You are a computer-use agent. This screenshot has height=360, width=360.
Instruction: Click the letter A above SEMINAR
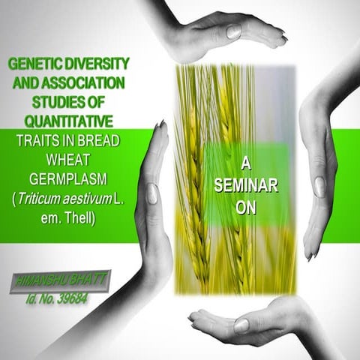(247, 163)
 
